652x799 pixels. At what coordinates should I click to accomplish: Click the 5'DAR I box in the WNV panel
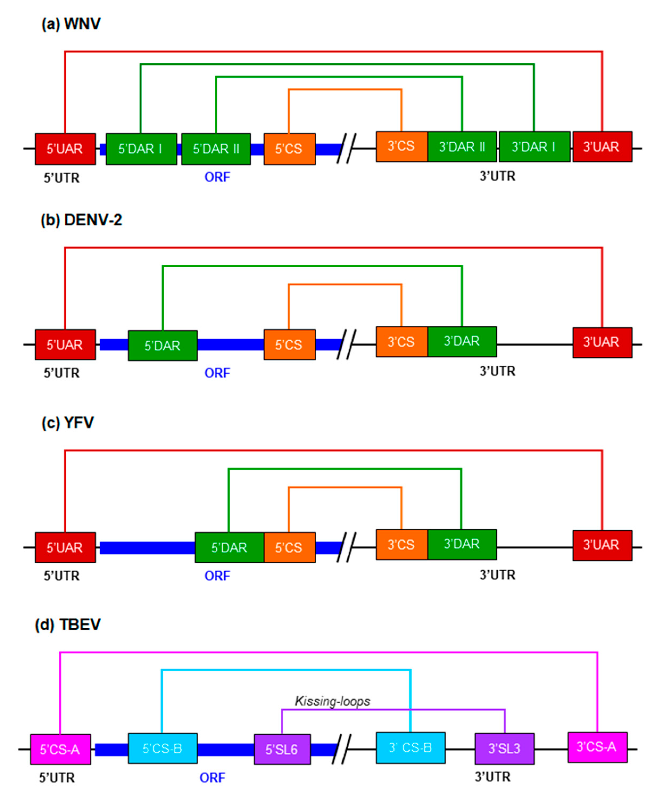click(141, 149)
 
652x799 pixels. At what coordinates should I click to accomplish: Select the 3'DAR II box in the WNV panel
click(462, 147)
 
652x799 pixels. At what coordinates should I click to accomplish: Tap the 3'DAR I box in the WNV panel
click(534, 147)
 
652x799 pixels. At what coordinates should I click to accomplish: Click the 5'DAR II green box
click(216, 149)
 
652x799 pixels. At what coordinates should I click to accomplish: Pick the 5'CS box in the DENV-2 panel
click(289, 345)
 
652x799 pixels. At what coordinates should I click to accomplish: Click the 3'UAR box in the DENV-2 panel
click(602, 342)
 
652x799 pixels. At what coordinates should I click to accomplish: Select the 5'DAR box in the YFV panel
click(229, 547)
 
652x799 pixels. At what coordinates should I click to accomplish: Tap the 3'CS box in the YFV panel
click(401, 545)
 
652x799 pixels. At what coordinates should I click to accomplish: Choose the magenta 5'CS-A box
click(60, 750)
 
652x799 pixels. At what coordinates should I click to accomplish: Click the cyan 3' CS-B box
click(410, 748)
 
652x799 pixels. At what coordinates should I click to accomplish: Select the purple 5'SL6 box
click(282, 750)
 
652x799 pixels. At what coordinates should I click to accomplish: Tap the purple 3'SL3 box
click(504, 749)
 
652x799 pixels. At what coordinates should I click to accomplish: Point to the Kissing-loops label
click(333, 701)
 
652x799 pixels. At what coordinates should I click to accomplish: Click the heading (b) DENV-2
click(81, 220)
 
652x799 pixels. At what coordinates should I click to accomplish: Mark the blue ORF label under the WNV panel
click(217, 177)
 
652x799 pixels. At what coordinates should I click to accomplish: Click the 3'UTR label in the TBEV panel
click(492, 777)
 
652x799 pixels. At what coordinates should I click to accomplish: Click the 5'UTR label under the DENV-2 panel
click(62, 373)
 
